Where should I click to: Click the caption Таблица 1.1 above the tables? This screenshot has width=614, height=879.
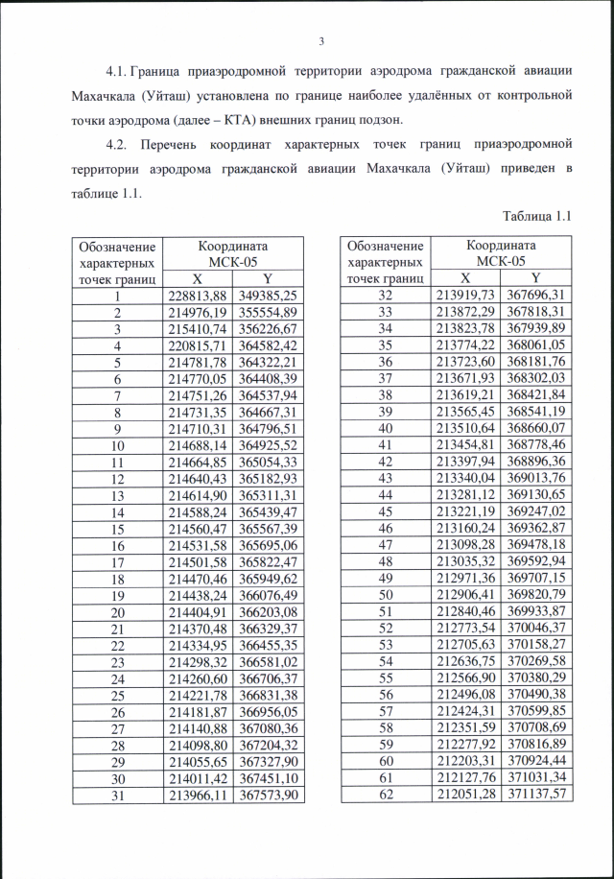pyautogui.click(x=537, y=217)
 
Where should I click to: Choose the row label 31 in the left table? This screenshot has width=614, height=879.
pyautogui.click(x=119, y=796)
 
